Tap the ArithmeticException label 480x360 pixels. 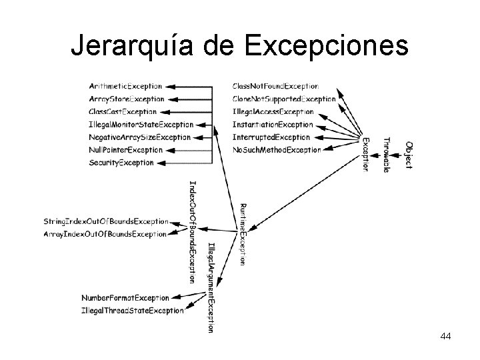125,86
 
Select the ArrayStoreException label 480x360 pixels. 126,99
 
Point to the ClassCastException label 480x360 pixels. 123,111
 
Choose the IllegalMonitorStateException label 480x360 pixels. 141,124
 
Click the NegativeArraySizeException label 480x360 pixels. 139,137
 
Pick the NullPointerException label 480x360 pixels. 125,149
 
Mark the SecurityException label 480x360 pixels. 121,162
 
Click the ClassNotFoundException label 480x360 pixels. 275,86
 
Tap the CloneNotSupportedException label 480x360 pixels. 284,99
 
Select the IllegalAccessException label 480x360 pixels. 273,111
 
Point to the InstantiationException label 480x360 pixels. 272,124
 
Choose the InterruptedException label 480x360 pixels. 271,137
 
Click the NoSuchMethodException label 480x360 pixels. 277,150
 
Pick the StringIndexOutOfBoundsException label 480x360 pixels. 105,221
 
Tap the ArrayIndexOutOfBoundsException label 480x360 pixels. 105,234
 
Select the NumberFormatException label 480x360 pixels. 125,297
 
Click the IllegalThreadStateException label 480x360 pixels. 132,311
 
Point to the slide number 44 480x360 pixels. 446,337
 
